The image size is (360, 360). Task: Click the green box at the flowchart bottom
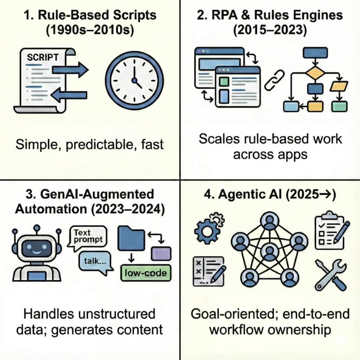coord(339,105)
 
